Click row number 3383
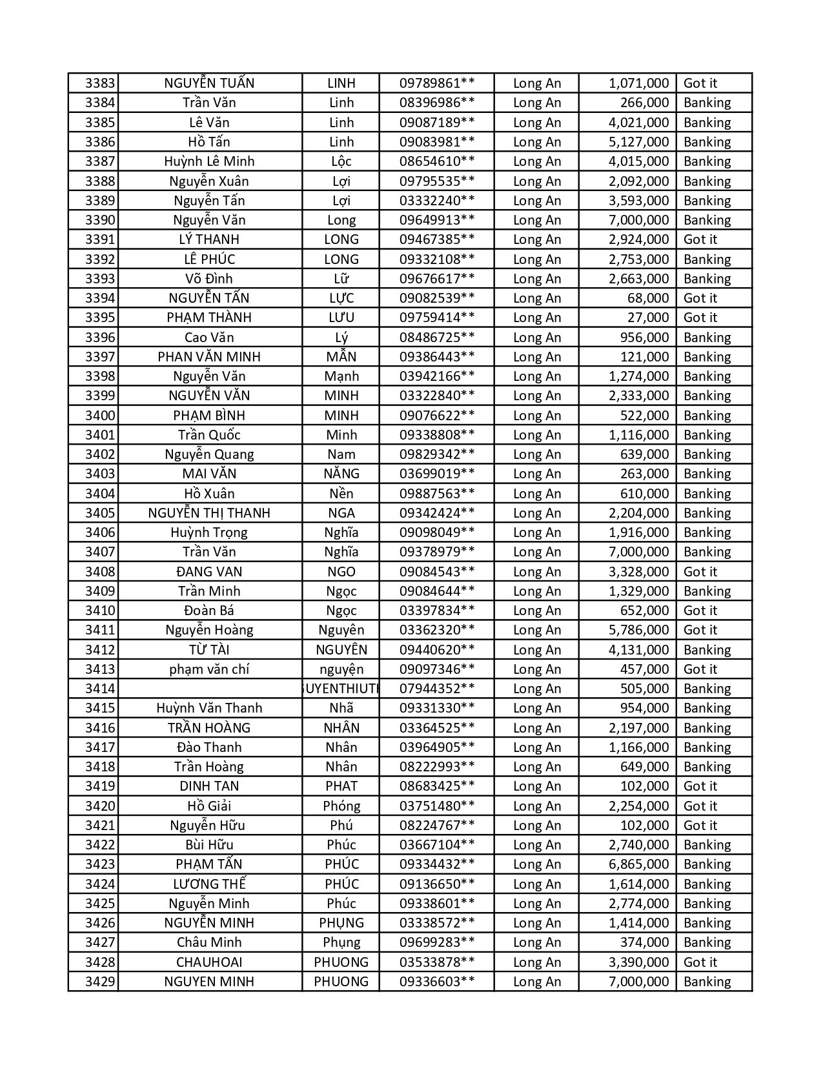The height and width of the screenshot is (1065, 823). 100,83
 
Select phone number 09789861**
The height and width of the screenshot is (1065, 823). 437,83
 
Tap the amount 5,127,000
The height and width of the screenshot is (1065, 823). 638,142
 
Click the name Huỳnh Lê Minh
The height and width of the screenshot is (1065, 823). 209,161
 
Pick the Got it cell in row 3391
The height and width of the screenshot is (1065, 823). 700,239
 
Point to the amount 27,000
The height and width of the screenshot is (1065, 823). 648,318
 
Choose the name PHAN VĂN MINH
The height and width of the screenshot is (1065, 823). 209,357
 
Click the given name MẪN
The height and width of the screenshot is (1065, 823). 341,357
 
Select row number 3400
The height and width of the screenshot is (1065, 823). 100,416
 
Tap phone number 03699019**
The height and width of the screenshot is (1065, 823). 437,474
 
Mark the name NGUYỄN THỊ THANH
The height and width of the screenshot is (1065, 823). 209,513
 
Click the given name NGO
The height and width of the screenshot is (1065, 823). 341,572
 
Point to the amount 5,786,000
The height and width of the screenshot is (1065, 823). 638,630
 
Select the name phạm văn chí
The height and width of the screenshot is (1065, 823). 209,669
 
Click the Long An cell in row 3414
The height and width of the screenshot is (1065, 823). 537,689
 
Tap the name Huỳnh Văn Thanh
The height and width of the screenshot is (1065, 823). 209,708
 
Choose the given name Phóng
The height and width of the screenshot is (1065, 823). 341,806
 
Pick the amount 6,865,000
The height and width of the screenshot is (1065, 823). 638,864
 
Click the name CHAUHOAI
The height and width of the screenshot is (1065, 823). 209,962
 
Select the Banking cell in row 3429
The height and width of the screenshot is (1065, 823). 707,982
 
